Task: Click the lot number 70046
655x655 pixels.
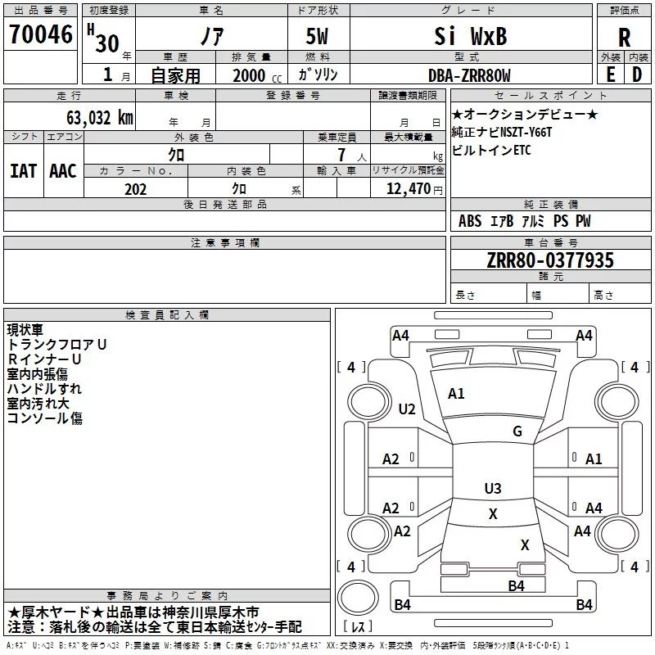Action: pos(40,34)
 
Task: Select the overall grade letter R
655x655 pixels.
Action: pos(624,38)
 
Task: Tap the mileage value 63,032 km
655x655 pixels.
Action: pos(100,118)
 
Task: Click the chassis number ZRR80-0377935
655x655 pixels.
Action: pos(550,260)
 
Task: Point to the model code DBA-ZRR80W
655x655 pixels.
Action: pos(469,75)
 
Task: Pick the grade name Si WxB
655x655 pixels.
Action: pos(470,36)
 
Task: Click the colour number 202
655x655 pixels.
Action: pos(135,189)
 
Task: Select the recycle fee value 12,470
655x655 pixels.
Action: pos(409,189)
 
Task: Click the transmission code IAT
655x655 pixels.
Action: pos(24,171)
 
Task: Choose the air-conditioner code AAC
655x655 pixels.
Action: pos(63,171)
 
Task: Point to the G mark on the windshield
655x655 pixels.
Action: pos(517,431)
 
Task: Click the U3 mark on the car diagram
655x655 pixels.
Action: pos(493,488)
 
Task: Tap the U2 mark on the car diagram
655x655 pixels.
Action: pos(407,409)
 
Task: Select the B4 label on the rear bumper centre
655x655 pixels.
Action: pos(516,586)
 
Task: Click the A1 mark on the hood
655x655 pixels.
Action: pos(456,394)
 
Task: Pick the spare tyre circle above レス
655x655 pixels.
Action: pos(358,599)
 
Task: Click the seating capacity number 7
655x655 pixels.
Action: pos(341,155)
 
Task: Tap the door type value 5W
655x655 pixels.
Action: pos(317,36)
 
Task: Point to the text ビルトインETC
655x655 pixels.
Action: pos(491,151)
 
